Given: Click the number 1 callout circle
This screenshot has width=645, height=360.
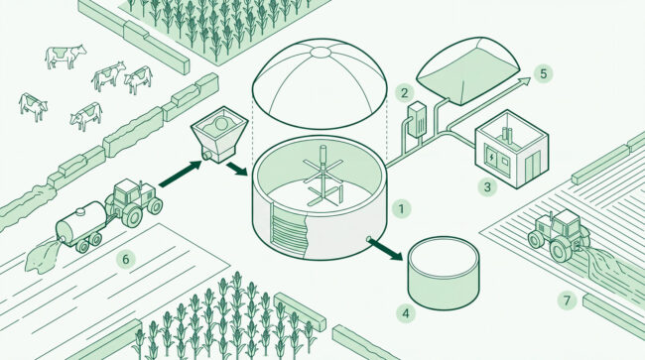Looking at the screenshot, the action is [x=402, y=209].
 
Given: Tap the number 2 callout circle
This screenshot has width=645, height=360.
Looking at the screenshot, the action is [x=404, y=93].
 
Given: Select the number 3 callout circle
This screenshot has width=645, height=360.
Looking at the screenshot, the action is [x=487, y=187].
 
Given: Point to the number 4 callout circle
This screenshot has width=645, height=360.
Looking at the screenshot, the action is [x=406, y=314].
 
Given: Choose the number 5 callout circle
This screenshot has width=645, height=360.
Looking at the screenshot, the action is [x=544, y=74].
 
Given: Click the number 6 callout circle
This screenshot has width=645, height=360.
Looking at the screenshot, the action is [x=126, y=259].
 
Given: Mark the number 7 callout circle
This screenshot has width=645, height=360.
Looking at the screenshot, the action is [x=567, y=300].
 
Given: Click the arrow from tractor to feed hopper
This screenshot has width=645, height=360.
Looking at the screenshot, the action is [x=180, y=174].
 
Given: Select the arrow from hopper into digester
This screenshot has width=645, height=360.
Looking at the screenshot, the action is [x=236, y=169].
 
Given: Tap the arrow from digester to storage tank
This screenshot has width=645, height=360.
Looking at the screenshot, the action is [x=385, y=250].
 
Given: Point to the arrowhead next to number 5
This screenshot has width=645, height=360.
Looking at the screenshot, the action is [x=525, y=80].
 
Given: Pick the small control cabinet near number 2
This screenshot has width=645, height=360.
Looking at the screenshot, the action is [x=417, y=119].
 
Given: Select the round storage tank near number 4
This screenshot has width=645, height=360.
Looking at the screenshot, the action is [x=444, y=274].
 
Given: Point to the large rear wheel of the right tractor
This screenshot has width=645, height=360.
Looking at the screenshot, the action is [x=562, y=250].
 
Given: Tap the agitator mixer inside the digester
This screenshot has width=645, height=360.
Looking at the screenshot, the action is [x=322, y=177].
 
